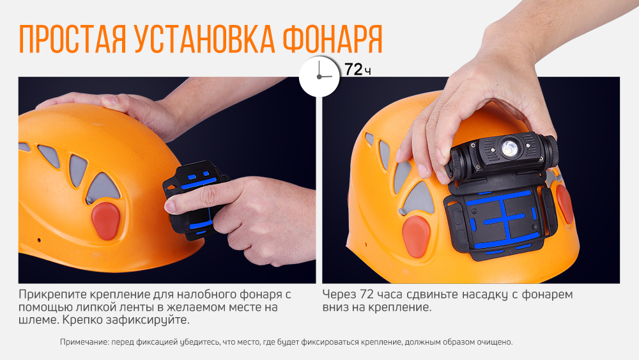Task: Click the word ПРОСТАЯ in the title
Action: pos(71,40)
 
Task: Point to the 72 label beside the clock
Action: pos(353,70)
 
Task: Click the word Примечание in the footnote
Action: pos(84,342)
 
